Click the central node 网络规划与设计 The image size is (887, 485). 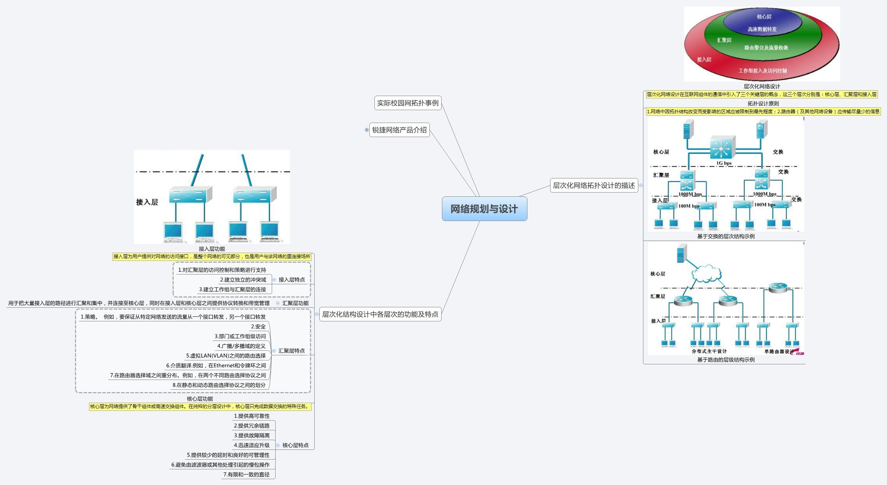pos(484,209)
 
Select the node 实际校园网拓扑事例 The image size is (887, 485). pos(408,103)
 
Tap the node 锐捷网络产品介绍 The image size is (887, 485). pos(399,130)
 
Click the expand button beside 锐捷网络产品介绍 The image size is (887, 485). pos(367,130)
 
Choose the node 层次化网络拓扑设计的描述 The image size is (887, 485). pos(593,185)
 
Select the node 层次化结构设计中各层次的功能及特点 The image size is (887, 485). pos(380,314)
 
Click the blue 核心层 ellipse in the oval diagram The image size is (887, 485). pos(762,21)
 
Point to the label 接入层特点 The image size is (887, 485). pos(292,280)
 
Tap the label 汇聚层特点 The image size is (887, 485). pos(292,351)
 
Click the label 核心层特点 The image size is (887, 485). pos(295,445)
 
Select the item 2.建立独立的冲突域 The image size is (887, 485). pos(243,280)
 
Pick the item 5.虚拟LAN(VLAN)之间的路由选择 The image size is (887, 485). pos(226,356)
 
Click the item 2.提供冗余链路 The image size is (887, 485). pos(251,426)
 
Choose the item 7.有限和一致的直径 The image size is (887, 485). pos(246,474)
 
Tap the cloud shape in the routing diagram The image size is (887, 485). pos(706,273)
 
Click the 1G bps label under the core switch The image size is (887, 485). pos(724,163)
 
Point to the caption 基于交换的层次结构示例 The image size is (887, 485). pos(726,236)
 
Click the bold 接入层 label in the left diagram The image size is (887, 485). pos(147,202)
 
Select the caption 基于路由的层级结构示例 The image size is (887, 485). pos(726,360)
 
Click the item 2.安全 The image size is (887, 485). pos(258,326)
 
